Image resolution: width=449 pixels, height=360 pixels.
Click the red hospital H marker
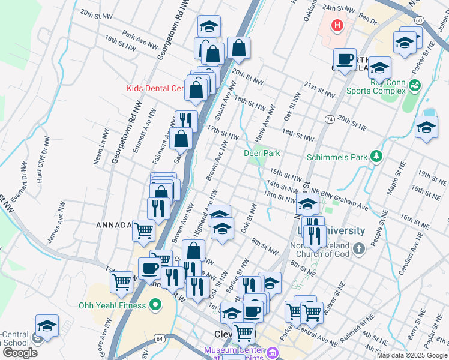(337, 26)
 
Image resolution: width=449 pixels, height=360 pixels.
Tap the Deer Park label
(262, 154)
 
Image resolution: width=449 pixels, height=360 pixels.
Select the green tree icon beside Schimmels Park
(376, 157)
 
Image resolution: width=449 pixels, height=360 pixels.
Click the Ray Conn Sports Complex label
(376, 86)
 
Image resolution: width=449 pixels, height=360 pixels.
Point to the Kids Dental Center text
(154, 88)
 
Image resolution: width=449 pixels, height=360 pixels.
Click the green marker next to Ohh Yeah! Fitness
(156, 305)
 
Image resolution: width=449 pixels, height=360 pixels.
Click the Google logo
(19, 353)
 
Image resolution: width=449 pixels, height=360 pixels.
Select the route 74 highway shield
(330, 119)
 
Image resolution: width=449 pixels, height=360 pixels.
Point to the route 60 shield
(418, 20)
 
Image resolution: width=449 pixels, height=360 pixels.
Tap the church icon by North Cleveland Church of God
(358, 247)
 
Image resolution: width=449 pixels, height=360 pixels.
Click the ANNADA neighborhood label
(113, 225)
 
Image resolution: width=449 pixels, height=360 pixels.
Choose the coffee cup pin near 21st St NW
(345, 60)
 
